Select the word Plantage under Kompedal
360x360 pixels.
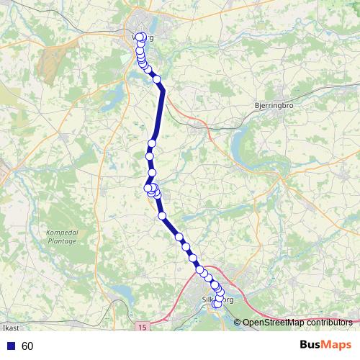(61, 242)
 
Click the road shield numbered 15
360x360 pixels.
(141, 327)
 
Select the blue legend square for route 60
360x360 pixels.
(12, 346)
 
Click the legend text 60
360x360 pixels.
(27, 346)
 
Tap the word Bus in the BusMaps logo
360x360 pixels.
(312, 345)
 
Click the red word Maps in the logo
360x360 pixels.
(337, 345)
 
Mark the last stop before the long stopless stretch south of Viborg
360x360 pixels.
(156, 79)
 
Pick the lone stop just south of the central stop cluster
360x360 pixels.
(162, 215)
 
